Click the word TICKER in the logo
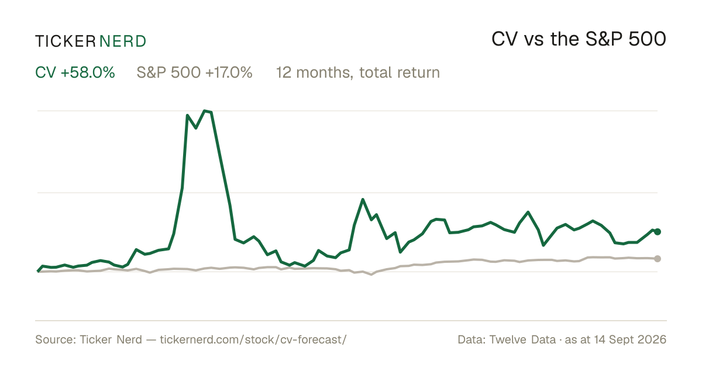(x=65, y=41)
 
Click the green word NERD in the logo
(x=122, y=41)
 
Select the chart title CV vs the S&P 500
(x=579, y=39)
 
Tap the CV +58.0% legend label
(x=75, y=72)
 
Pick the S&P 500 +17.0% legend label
(x=194, y=72)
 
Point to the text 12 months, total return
(x=358, y=72)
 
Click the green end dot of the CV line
(x=658, y=231)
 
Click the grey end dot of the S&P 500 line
(x=658, y=258)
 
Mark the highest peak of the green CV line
(x=205, y=111)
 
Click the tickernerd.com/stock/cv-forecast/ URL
(x=253, y=339)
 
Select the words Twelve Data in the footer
(x=522, y=339)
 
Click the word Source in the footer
(x=54, y=339)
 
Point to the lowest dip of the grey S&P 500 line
(x=371, y=275)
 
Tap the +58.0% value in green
(x=88, y=72)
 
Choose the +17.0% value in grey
(x=229, y=72)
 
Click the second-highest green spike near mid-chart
(x=363, y=199)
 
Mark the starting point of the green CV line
(x=38, y=271)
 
